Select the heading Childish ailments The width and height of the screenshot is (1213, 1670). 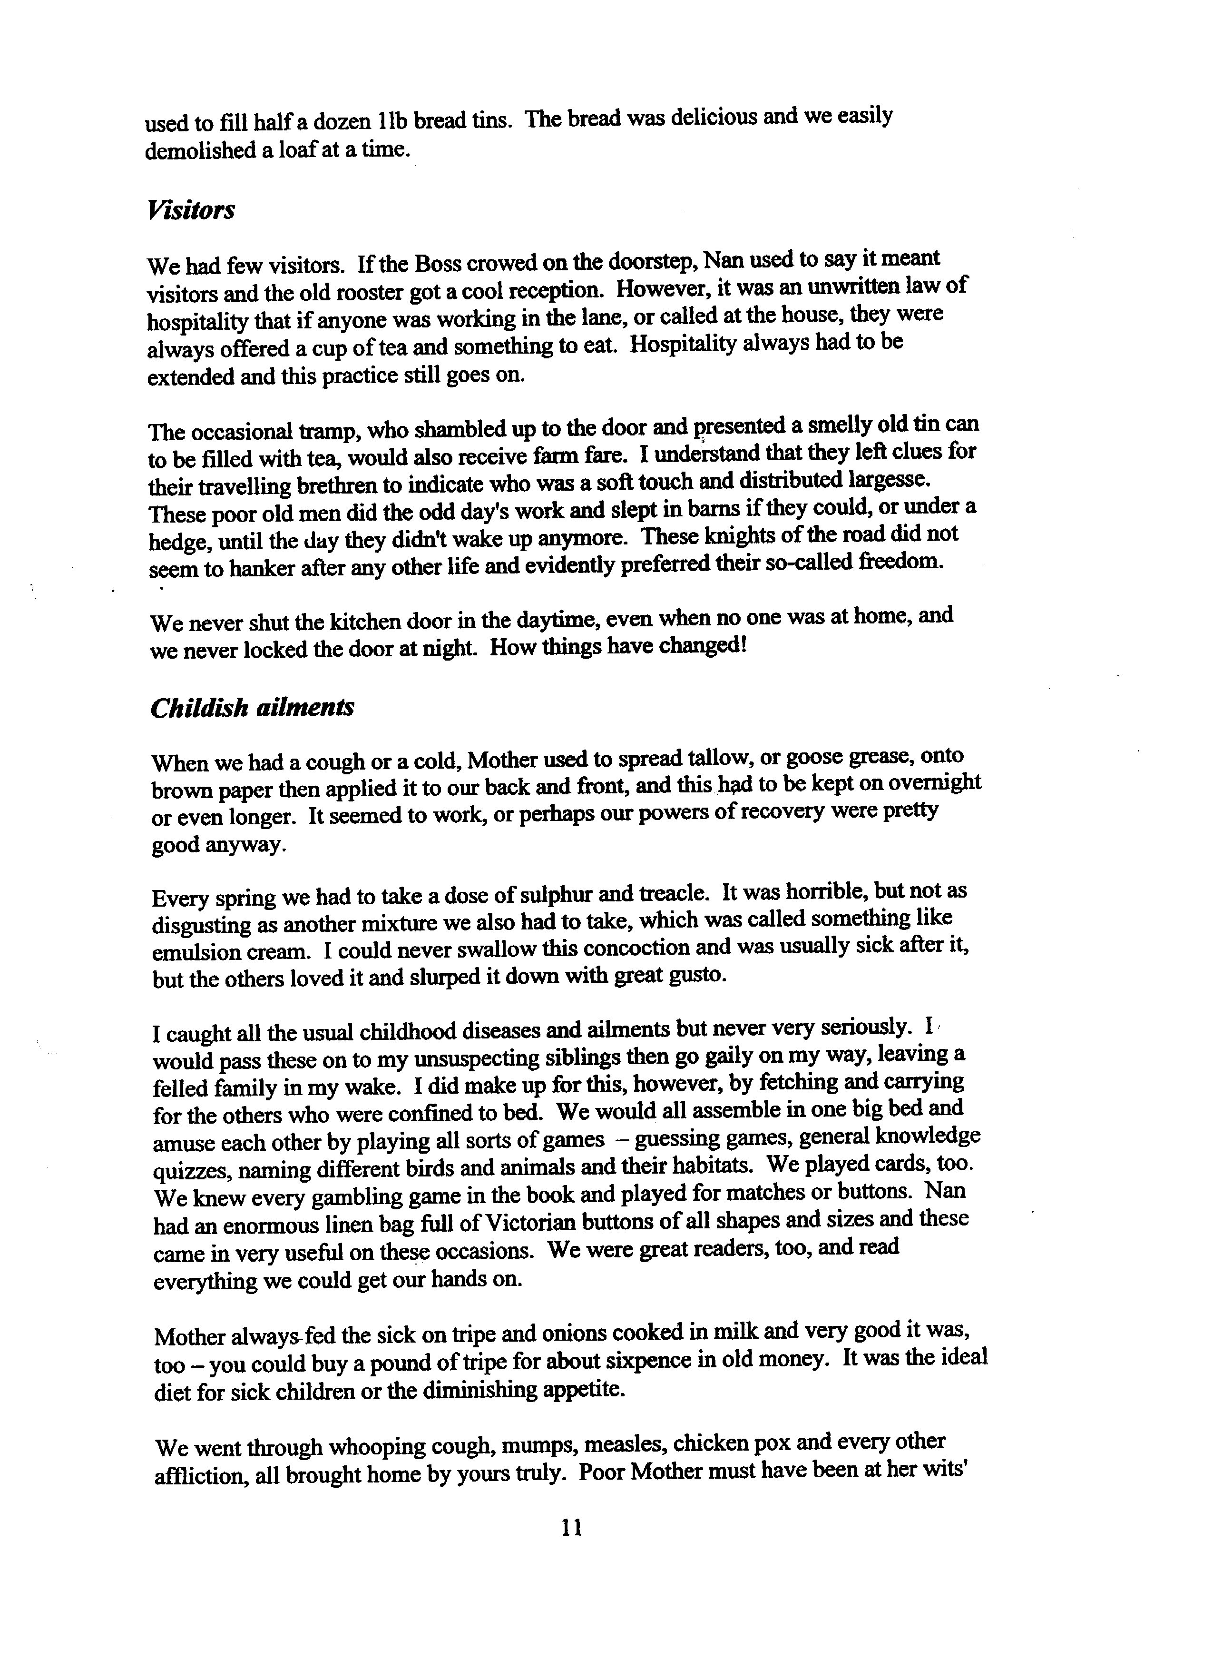tap(252, 708)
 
